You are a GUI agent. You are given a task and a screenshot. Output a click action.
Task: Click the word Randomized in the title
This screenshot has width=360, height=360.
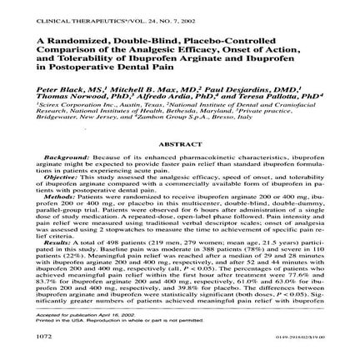[87, 41]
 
